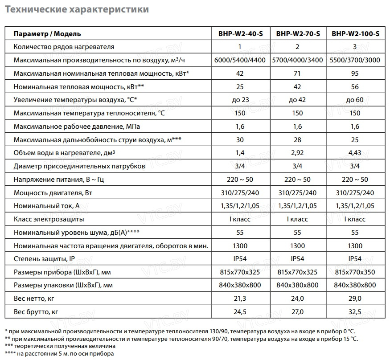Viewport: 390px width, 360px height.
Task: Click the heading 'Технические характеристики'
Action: [77, 9]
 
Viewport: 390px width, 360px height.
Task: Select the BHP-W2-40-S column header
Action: [240, 34]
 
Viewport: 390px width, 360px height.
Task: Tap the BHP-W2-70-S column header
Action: [298, 34]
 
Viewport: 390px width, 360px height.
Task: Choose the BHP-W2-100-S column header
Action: [355, 34]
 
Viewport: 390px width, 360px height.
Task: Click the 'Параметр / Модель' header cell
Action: [47, 34]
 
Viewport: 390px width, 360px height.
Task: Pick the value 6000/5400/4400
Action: [240, 60]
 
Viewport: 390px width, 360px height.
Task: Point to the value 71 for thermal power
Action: [298, 74]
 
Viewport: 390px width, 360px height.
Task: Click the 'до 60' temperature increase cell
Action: [355, 100]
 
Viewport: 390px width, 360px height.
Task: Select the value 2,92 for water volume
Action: [298, 153]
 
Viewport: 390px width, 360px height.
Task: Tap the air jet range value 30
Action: [240, 139]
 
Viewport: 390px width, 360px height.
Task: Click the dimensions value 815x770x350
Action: [355, 272]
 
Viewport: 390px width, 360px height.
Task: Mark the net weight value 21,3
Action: [240, 299]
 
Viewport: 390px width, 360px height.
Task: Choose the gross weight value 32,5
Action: [355, 312]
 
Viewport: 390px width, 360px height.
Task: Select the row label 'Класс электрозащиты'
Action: [49, 219]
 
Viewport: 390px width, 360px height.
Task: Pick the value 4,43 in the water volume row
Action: [355, 153]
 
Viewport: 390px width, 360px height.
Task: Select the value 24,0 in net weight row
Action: [298, 299]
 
